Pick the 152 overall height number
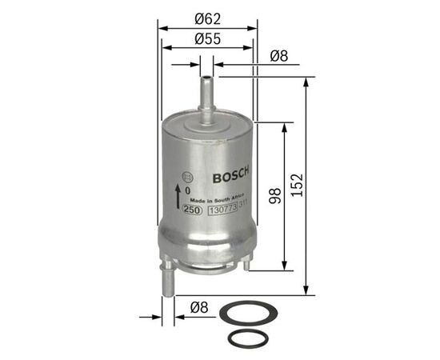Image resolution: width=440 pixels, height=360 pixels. [x=297, y=186]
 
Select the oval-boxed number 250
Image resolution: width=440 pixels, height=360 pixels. [x=191, y=210]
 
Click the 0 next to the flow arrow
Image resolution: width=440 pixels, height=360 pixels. [x=188, y=191]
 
